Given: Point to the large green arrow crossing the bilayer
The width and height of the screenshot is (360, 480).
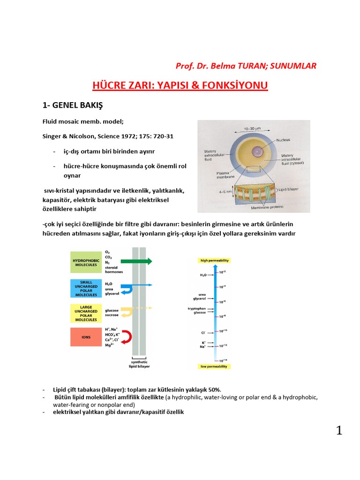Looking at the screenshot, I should pos(136,262).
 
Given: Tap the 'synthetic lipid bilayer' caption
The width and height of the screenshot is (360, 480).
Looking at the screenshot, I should pos(138,364).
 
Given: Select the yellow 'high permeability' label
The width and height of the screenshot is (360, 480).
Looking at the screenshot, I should pos(215,260).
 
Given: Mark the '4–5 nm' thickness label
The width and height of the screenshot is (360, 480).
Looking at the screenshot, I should pos(214,191).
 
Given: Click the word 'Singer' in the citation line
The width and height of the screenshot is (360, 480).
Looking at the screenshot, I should pos(53,136).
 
